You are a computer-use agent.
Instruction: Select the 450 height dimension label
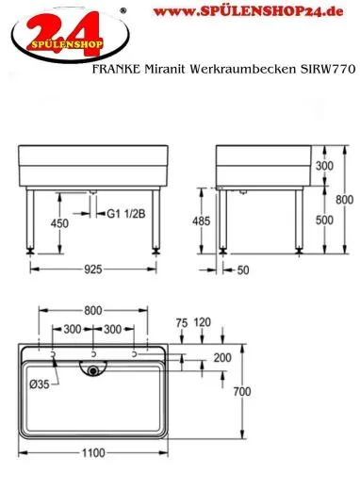point(58,224)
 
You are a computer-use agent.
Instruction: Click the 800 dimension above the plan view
point(92,308)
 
